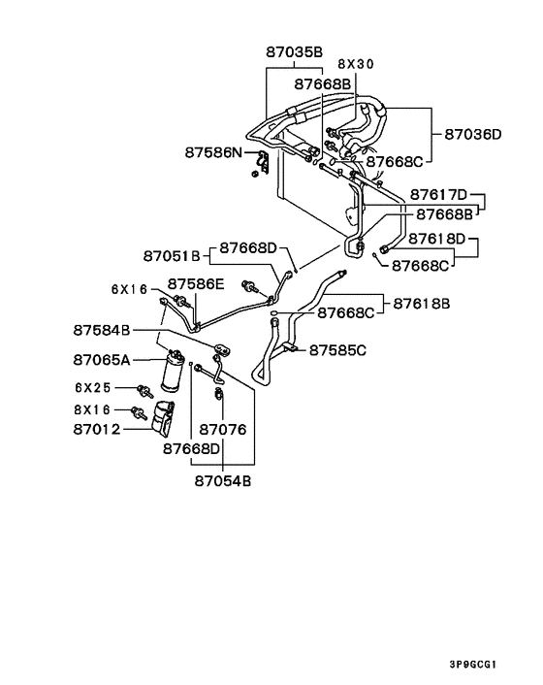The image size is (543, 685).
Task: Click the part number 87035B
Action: coord(294,52)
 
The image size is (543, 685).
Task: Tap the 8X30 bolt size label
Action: coord(356,64)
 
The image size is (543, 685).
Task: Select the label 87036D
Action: coord(473,134)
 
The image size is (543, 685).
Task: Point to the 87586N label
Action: coord(213,152)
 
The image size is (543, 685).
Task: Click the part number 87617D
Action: coord(438,194)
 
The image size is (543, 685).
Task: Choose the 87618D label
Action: coord(437,239)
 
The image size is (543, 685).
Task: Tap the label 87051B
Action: coord(172,255)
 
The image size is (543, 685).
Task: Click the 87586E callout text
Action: coord(196,284)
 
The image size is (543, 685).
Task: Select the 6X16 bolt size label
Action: coord(130,289)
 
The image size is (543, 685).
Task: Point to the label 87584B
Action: coord(102,330)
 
